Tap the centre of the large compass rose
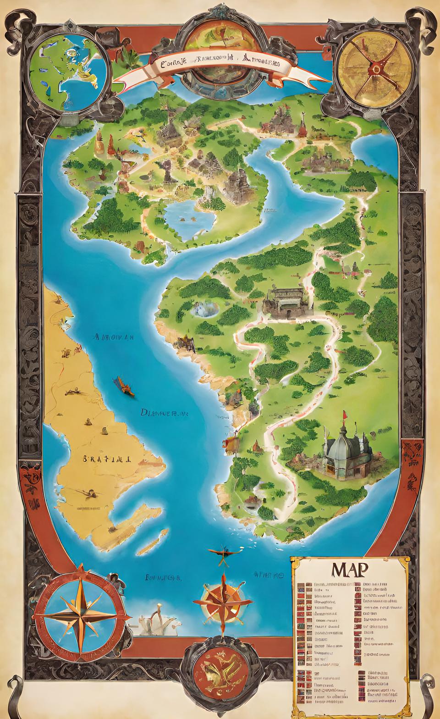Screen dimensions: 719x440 point(81,614)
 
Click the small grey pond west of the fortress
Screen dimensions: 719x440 point(204,309)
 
